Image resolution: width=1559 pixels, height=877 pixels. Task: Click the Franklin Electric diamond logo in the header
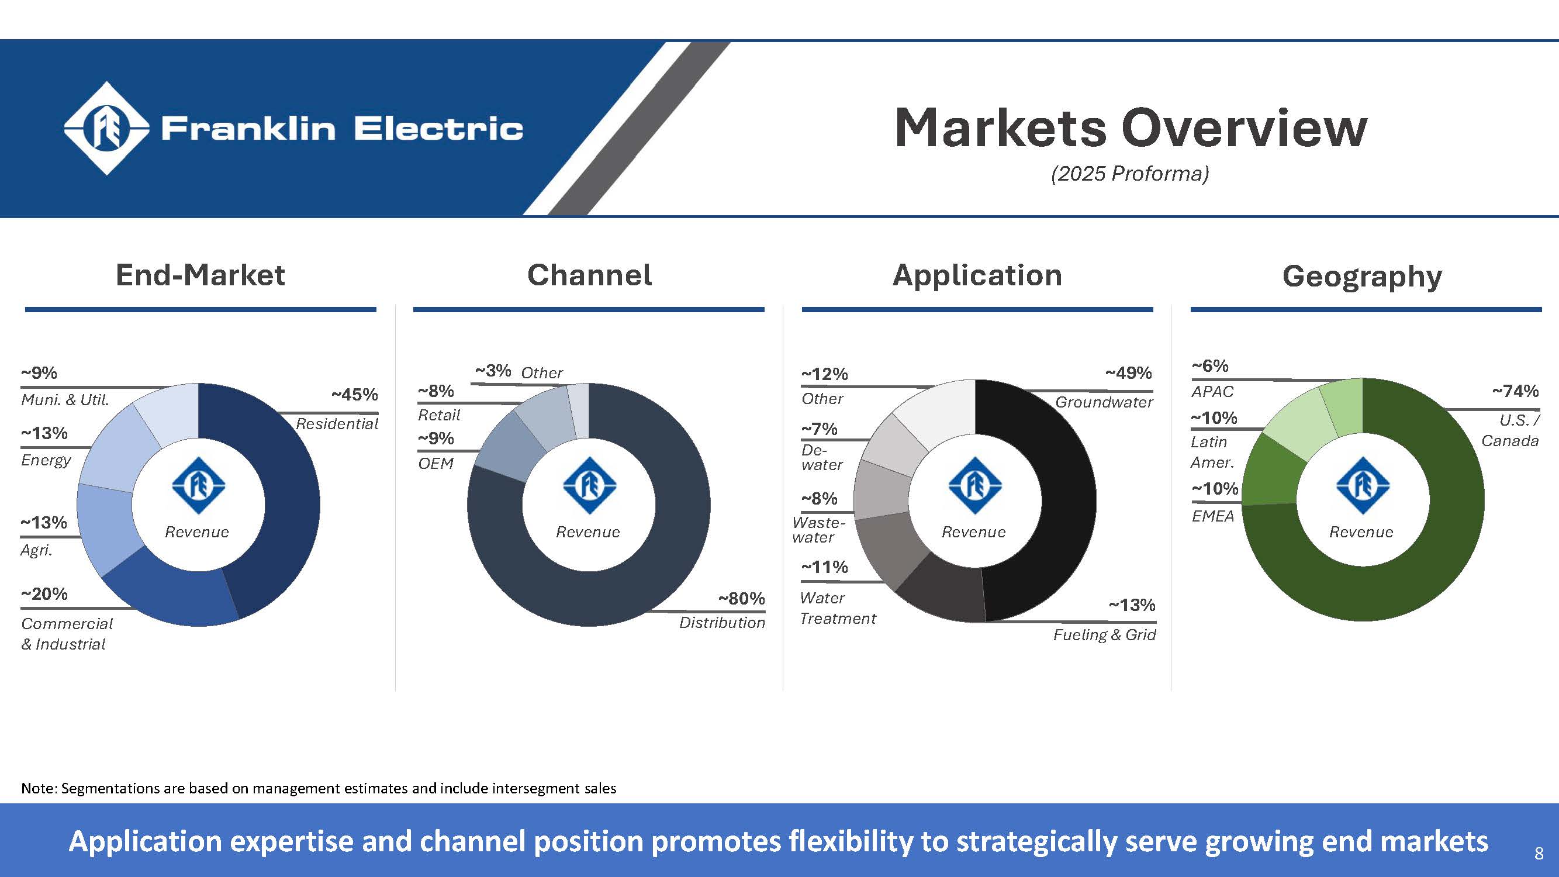click(106, 128)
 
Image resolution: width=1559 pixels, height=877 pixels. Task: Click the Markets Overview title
click(1130, 127)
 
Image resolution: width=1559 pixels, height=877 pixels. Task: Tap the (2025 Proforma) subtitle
click(1130, 174)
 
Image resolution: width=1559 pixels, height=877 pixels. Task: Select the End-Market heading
click(201, 275)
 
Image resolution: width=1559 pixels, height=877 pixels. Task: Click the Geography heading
click(1361, 277)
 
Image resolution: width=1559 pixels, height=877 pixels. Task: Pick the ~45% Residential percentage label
click(354, 395)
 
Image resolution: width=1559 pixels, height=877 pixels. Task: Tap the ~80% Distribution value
click(741, 599)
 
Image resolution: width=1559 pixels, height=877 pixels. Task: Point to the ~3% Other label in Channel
click(493, 371)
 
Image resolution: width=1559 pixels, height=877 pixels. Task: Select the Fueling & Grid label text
click(1104, 635)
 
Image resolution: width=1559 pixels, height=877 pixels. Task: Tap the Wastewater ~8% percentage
click(819, 499)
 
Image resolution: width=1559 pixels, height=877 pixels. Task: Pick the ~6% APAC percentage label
click(1210, 366)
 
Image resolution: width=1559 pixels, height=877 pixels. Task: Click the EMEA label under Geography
click(1212, 516)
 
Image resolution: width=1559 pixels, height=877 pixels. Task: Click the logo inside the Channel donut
click(589, 486)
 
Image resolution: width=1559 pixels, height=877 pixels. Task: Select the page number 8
click(1539, 854)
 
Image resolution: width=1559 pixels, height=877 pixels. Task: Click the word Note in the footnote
click(38, 789)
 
